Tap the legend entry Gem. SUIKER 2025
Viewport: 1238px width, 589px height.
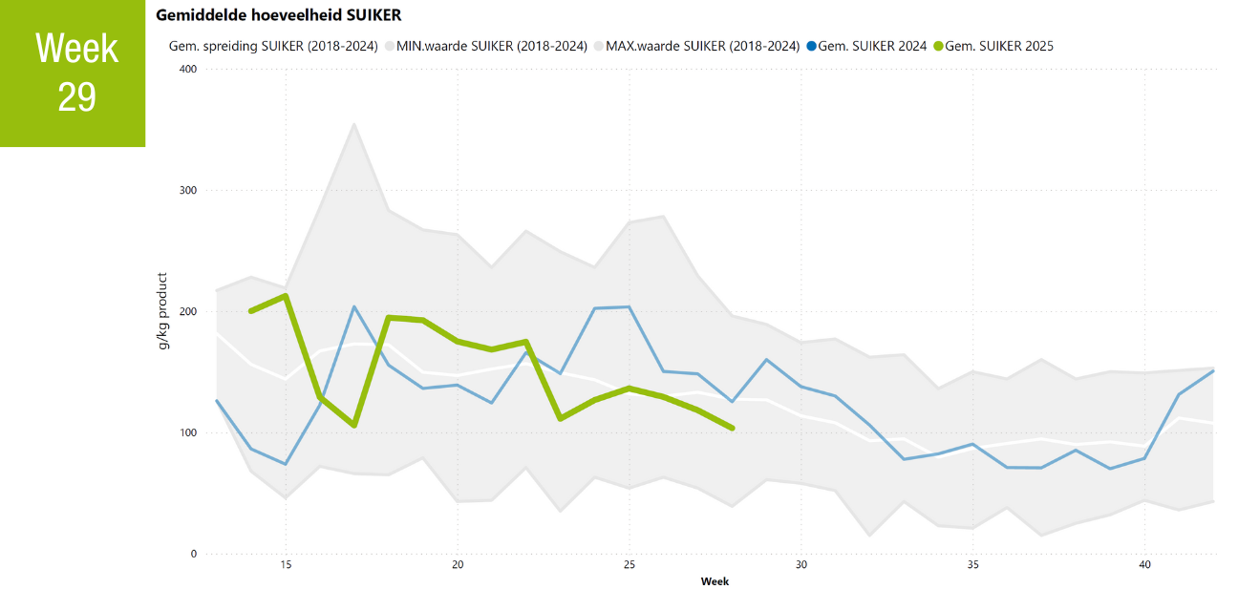pyautogui.click(x=998, y=46)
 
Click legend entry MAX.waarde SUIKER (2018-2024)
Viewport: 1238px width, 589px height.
pyautogui.click(x=702, y=46)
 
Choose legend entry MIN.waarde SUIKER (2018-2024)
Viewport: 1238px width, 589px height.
pyautogui.click(x=490, y=46)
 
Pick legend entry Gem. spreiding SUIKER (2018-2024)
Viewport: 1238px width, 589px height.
pyautogui.click(x=274, y=46)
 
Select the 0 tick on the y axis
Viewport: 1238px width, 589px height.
pyautogui.click(x=193, y=555)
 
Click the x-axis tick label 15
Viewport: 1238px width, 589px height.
pyautogui.click(x=286, y=565)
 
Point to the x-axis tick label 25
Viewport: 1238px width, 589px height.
pyautogui.click(x=630, y=565)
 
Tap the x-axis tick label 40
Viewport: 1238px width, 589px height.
pyautogui.click(x=1144, y=565)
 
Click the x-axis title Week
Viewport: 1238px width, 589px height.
pyautogui.click(x=715, y=580)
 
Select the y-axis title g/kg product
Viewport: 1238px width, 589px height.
pyautogui.click(x=163, y=311)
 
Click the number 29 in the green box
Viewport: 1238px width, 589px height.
pyautogui.click(x=76, y=97)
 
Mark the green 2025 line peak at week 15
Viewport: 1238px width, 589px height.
pyautogui.click(x=286, y=296)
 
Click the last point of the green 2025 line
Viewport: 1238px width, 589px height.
pyautogui.click(x=732, y=429)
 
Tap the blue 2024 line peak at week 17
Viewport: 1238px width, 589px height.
pyautogui.click(x=354, y=306)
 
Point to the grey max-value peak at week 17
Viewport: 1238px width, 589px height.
pyautogui.click(x=354, y=123)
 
